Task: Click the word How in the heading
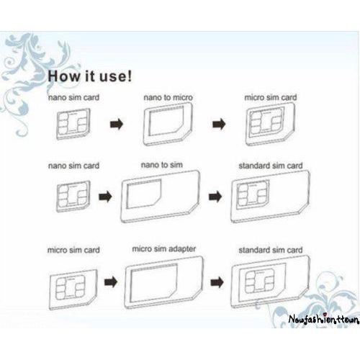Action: [64, 76]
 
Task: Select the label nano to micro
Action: [168, 97]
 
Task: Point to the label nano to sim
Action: [162, 165]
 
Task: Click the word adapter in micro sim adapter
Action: [181, 248]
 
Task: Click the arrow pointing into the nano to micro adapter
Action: [117, 125]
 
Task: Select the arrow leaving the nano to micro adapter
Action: [219, 124]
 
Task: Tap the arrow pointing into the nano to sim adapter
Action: [105, 197]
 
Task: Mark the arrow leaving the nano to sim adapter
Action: [215, 197]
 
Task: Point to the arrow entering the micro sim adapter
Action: [111, 282]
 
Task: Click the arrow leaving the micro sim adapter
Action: [217, 282]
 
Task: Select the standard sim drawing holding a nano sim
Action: [270, 197]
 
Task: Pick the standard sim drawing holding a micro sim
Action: [271, 282]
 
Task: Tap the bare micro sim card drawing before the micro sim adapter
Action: [73, 289]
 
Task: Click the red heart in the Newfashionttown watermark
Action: [325, 315]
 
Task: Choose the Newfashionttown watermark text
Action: [324, 319]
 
